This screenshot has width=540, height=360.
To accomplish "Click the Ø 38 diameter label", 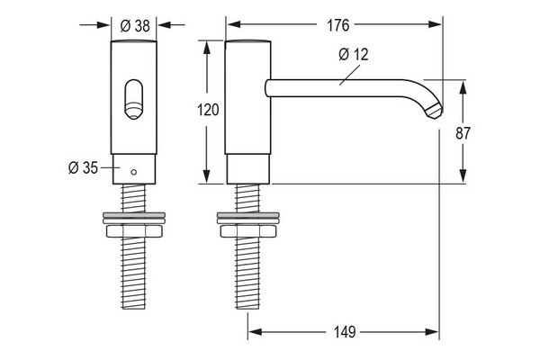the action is pos(135,25).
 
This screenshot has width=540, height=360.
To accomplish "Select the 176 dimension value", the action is pos(337,25).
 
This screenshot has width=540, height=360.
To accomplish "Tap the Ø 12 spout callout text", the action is pos(354,54).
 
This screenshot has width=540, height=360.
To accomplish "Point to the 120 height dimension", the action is pos(208,110).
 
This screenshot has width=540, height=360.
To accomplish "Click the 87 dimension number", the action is pos(463,133).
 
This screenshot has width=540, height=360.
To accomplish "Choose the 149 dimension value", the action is pos(345,332).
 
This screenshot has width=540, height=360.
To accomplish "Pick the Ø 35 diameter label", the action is pos(83,167).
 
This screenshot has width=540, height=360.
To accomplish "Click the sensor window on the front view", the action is pos(133,100).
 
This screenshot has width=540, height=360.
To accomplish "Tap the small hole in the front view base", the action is pos(134,172).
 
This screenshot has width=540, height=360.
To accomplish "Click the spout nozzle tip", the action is pos(434,110).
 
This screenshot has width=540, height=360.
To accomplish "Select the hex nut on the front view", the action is pos(134,231).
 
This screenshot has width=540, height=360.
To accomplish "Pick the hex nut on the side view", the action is pos(248,231).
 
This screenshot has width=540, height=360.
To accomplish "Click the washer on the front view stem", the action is pos(134,218).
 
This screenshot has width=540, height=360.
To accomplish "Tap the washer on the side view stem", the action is pos(248,218).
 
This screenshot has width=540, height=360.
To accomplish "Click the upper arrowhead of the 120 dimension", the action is pos(207,49).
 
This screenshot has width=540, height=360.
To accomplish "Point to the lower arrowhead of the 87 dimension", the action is pos(463,176).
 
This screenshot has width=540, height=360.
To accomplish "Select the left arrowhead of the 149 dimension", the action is pos(256,332).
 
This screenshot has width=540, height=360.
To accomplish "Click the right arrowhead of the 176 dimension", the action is pos(435,24).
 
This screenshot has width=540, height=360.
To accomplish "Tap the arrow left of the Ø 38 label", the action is pos(94,25).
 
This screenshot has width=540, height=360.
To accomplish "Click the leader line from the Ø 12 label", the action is pos(349,75).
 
